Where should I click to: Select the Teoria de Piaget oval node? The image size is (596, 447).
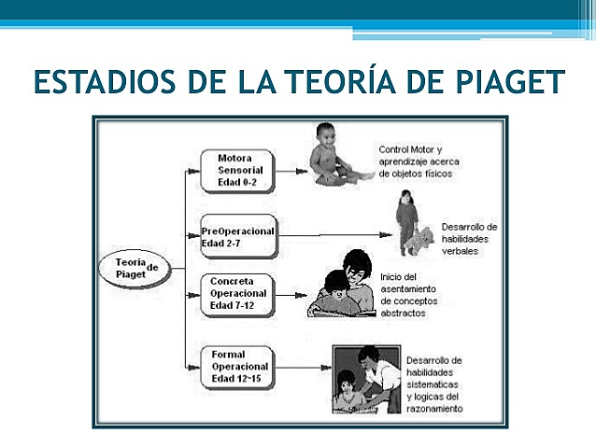point(136,268)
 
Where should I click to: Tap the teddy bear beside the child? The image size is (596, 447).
point(425,241)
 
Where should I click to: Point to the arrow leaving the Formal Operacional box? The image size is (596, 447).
point(305,367)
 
